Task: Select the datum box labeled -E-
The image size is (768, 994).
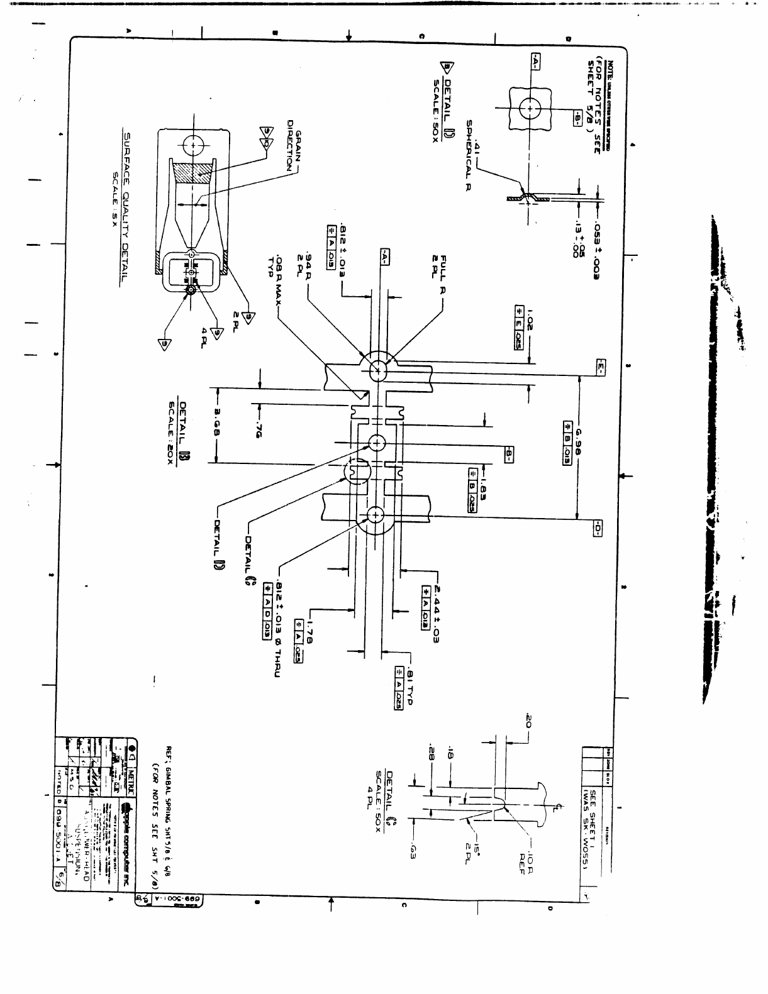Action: pos(599,367)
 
